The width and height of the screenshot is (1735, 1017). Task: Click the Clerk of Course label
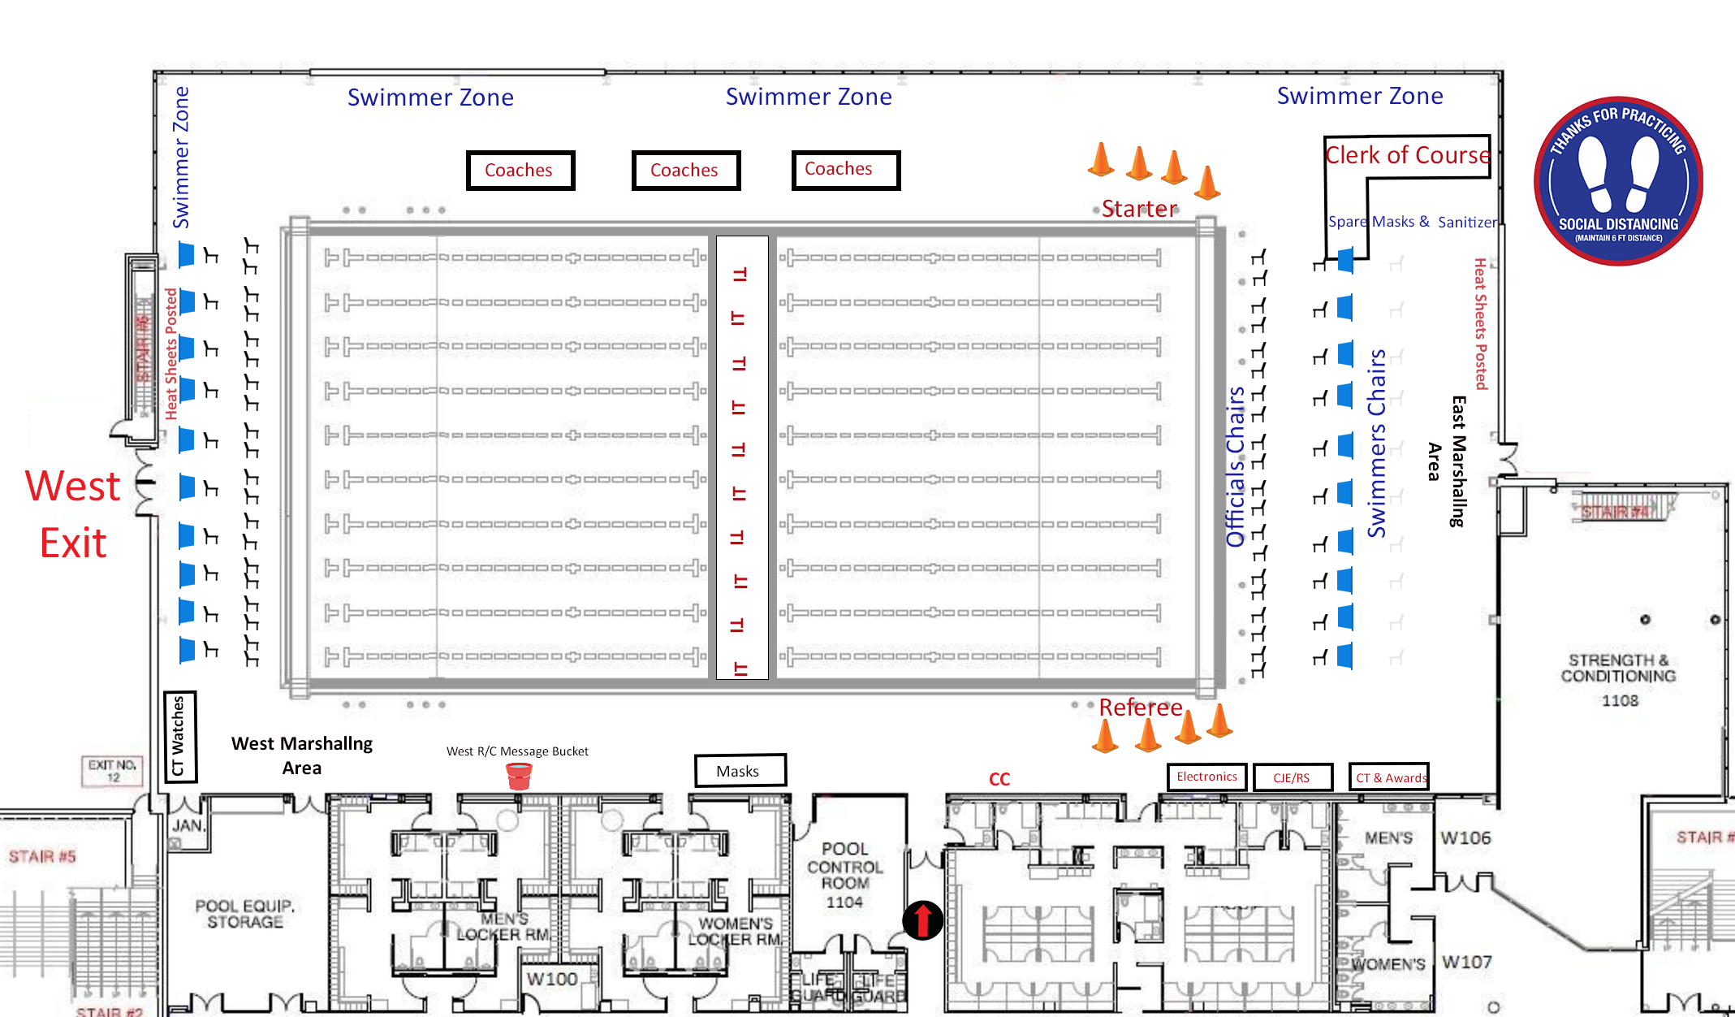pos(1407,154)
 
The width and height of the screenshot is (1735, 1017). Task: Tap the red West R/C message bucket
pos(519,776)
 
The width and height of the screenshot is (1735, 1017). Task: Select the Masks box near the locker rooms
pos(739,770)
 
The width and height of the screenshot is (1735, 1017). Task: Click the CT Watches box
pos(179,736)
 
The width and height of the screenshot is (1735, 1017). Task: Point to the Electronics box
pos(1206,777)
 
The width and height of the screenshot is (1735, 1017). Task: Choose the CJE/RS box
pos(1292,777)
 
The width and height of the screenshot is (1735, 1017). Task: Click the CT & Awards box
pos(1388,777)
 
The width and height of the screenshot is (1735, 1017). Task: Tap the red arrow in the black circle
pos(922,920)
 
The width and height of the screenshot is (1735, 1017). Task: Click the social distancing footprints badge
pos(1618,181)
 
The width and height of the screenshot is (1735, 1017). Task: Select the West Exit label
pos(73,514)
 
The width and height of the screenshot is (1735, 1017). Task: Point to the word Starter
pos(1139,209)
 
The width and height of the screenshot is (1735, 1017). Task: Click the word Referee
pos(1140,708)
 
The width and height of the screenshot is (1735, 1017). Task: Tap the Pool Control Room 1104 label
pos(844,875)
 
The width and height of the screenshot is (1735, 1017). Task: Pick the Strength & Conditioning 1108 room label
pos(1618,679)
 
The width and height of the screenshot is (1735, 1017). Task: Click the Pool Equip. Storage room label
pos(244,913)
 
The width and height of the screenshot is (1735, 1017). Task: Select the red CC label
pos(999,779)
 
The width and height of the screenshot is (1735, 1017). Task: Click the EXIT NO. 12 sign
pos(113,770)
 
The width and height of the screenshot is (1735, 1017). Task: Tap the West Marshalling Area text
pos(302,755)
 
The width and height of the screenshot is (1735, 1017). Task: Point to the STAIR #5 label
pos(42,856)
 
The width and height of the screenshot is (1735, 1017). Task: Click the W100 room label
pos(552,979)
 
